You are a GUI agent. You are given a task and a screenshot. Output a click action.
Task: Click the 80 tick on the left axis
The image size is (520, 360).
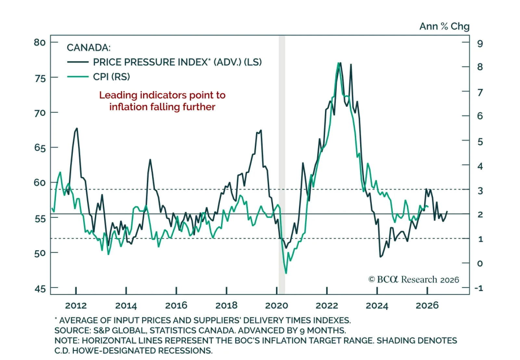(x=40, y=42)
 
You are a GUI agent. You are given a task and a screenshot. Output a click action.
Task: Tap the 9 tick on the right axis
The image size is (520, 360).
(x=480, y=44)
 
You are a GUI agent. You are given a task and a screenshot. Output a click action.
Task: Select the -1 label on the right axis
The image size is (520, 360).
(x=478, y=288)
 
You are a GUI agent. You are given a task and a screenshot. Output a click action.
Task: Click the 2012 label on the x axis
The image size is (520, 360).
(x=76, y=305)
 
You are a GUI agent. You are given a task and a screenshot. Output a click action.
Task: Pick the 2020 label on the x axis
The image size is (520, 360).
(x=277, y=305)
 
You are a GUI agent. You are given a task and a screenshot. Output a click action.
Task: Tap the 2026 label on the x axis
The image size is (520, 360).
(x=427, y=305)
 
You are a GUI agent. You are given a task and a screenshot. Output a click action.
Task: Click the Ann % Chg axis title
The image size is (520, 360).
(x=444, y=26)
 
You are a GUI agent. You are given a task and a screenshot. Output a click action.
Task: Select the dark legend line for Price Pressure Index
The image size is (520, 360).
(x=78, y=62)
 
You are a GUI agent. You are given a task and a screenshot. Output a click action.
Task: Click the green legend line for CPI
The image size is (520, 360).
(x=78, y=77)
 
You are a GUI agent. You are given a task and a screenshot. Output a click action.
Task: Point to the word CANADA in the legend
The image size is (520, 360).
(x=88, y=48)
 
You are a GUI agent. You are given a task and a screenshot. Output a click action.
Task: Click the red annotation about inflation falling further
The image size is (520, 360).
(x=162, y=101)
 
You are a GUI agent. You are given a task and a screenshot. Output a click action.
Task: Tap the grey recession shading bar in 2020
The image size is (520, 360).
(x=282, y=163)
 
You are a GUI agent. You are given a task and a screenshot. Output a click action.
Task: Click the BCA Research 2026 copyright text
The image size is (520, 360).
(x=414, y=280)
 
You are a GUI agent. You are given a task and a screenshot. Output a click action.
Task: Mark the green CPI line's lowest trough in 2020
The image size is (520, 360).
(x=286, y=273)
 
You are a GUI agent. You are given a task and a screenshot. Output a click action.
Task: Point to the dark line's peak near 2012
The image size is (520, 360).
(x=77, y=128)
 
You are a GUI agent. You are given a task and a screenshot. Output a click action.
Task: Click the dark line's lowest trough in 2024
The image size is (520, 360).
(x=380, y=257)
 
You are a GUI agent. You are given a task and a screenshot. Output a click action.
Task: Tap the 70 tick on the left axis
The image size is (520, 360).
(x=40, y=113)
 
